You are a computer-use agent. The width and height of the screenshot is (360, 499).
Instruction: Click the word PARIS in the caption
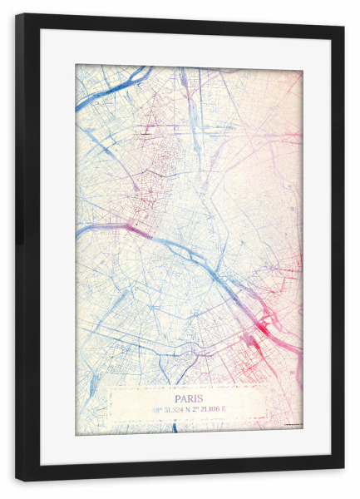coord(190,398)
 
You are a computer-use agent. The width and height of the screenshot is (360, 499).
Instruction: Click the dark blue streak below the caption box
coord(175,427)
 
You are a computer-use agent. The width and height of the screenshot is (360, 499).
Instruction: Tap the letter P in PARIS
coord(178,398)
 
